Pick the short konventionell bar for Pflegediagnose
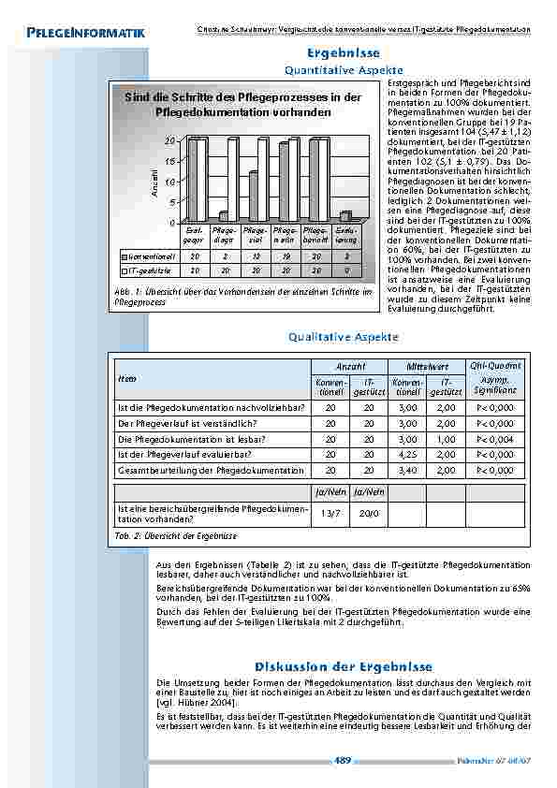coord(224,216)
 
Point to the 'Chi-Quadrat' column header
coord(494,365)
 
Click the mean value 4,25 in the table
coord(408,454)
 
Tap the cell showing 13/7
coord(330,513)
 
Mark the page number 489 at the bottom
coord(343,761)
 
